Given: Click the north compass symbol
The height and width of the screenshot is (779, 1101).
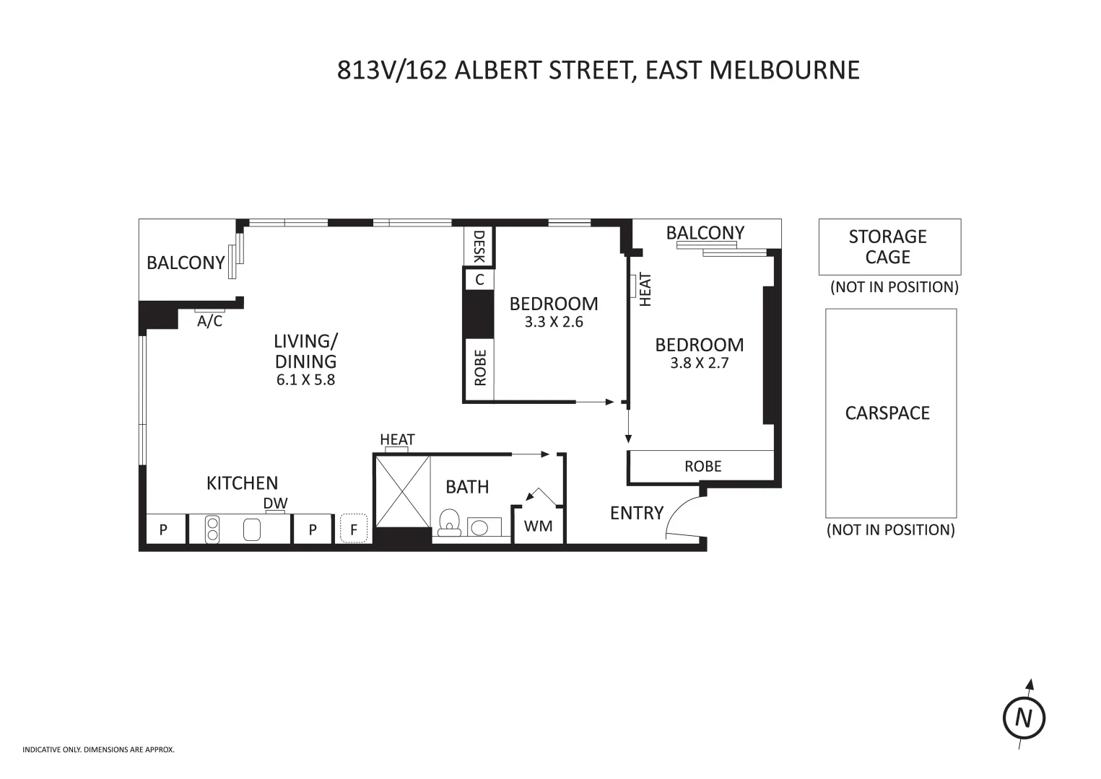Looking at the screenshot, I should point(1024,718).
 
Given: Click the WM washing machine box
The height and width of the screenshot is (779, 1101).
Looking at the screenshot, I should point(538,526).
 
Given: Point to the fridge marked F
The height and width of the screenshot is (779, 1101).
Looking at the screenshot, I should point(354,529).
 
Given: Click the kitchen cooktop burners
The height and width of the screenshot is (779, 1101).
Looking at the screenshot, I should point(212,529).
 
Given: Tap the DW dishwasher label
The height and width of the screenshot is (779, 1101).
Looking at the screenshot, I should point(275,503).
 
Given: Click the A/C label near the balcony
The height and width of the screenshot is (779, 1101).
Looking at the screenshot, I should point(210,321).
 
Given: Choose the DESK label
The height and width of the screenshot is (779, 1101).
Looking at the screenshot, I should point(479,247).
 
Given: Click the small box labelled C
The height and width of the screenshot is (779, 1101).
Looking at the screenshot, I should point(479,279).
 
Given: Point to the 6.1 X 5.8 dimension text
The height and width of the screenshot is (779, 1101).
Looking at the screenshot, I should point(305,379).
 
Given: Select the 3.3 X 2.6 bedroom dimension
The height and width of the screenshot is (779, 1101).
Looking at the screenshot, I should point(554,322).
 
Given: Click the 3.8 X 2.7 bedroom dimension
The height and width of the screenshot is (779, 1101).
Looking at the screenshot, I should point(699,363).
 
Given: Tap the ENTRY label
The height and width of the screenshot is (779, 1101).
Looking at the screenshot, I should point(636,513).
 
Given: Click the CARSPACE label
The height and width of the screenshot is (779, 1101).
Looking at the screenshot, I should point(887,413).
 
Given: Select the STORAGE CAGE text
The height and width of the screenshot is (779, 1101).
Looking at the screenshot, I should point(887,247).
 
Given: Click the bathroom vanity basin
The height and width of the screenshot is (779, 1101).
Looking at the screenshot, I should point(479,527).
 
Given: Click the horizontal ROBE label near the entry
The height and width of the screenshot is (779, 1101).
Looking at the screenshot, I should point(702,466).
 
